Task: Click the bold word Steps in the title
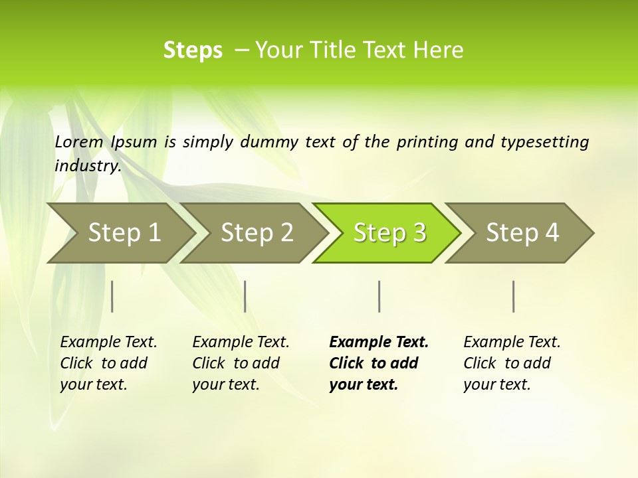tap(193, 50)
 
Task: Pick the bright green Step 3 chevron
tap(389, 233)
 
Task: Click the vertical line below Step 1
tap(112, 296)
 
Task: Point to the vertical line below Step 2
tap(245, 296)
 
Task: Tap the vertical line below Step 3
tap(379, 296)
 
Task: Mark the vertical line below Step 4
tap(514, 296)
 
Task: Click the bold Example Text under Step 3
tap(379, 343)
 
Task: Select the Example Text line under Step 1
tap(108, 343)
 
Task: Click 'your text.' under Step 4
tap(496, 384)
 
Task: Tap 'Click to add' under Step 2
tap(236, 363)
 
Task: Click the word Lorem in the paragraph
tap(79, 142)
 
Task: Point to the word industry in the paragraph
tap(87, 166)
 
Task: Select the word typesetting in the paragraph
tap(550, 142)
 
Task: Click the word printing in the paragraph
tap(425, 142)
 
